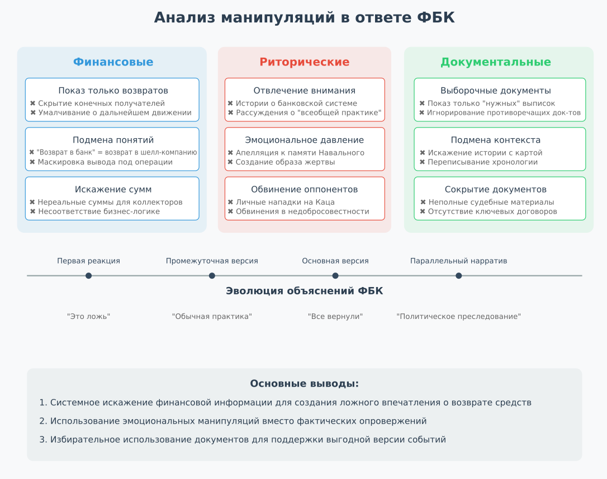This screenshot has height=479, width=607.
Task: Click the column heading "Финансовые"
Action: [x=113, y=62]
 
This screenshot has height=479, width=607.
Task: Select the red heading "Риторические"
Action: [x=304, y=62]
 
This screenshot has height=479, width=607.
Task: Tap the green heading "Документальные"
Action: [x=496, y=62]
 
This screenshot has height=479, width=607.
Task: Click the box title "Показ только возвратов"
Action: [x=113, y=91]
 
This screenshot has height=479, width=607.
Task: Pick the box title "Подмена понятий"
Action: [x=113, y=140]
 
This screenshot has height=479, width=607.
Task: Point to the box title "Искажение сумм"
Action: [x=113, y=190]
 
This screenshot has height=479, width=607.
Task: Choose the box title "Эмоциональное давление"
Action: [x=304, y=140]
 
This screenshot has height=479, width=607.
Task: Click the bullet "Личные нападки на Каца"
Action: [x=285, y=202]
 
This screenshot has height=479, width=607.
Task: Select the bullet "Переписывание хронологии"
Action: [x=483, y=162]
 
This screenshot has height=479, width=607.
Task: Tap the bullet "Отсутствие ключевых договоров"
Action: [x=492, y=211]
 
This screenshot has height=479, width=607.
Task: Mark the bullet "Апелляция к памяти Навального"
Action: [x=300, y=153]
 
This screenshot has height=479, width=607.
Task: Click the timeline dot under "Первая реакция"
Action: [x=89, y=275]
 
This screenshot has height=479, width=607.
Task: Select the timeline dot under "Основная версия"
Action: [x=335, y=275]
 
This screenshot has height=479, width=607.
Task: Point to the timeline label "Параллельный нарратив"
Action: [x=459, y=261]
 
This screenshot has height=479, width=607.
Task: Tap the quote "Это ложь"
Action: [x=89, y=316]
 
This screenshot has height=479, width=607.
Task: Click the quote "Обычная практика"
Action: [x=212, y=316]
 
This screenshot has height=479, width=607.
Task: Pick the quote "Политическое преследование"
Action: [x=459, y=316]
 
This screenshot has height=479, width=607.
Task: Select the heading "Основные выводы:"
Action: [x=304, y=384]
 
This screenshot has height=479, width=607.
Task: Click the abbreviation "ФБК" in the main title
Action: [x=436, y=17]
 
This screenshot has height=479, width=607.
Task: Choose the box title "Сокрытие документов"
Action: [x=496, y=190]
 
